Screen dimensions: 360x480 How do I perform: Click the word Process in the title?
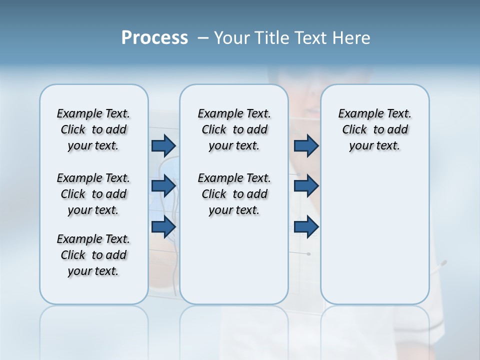(x=154, y=37)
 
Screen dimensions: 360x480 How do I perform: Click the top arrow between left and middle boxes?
(x=163, y=145)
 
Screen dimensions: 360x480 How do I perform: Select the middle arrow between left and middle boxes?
(x=163, y=186)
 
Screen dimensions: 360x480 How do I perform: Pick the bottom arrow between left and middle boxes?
(x=163, y=226)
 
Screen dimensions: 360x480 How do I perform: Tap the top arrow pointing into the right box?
(x=306, y=145)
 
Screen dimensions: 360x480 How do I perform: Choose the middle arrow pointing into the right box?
(x=306, y=186)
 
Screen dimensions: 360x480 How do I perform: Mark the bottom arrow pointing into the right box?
(x=306, y=226)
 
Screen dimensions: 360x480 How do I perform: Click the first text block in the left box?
(x=93, y=129)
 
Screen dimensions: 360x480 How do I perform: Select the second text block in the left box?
(x=93, y=194)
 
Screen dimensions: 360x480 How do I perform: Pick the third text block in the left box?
(x=93, y=255)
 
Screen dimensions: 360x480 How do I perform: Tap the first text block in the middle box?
(x=234, y=129)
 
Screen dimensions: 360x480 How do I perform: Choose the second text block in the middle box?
(x=234, y=194)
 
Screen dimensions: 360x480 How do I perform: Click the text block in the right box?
(x=375, y=129)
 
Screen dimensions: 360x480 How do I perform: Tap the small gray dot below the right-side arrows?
(x=308, y=254)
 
